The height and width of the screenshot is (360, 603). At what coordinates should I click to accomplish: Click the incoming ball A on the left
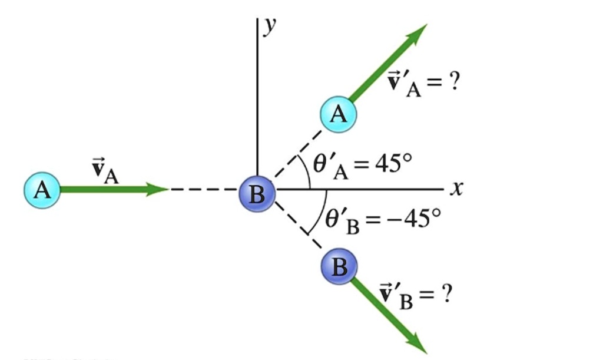(x=42, y=190)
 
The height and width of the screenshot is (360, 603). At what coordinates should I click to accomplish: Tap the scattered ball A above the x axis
(x=339, y=113)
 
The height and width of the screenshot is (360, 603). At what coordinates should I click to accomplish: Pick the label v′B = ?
(x=415, y=294)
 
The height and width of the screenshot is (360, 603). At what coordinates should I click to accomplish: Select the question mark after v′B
(x=446, y=293)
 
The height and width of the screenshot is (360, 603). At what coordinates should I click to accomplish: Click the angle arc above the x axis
(x=307, y=171)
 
